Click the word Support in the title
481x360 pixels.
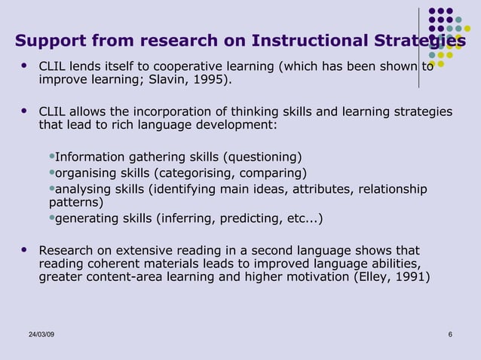click(50, 40)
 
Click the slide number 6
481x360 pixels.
click(450, 334)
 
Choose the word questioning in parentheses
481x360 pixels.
click(264, 157)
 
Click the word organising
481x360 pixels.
click(87, 172)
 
